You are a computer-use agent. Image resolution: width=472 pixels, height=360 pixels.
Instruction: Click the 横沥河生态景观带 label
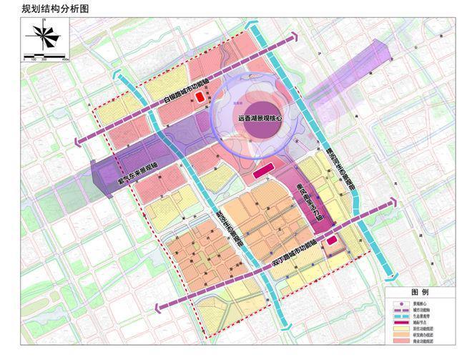(x=350, y=167)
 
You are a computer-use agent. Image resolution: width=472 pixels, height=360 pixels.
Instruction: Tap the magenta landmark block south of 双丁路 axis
(x=331, y=240)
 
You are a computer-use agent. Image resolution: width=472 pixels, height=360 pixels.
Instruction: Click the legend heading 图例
(x=419, y=293)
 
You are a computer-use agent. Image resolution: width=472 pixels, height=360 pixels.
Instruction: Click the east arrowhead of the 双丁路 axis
(x=393, y=200)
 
